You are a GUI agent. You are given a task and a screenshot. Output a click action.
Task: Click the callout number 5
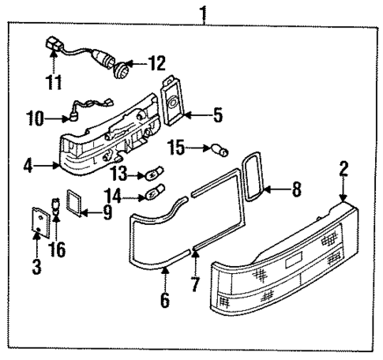(x=217, y=116)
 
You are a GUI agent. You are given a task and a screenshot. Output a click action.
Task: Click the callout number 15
(x=178, y=148)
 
